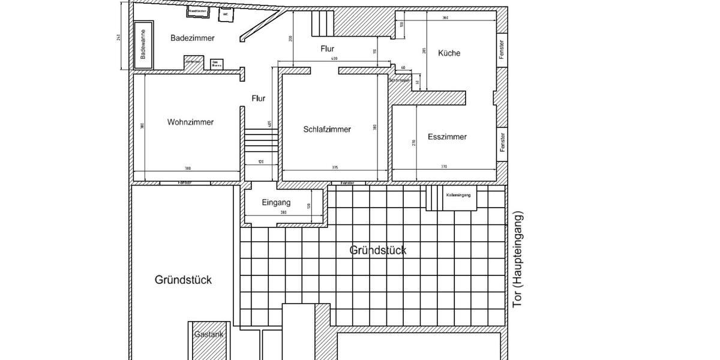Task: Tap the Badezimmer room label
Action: [192, 38]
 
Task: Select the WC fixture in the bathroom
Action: [226, 14]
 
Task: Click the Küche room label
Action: [449, 53]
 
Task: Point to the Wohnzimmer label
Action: [190, 122]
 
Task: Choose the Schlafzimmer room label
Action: [327, 129]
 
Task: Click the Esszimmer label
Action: [447, 137]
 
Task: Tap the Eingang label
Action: [276, 203]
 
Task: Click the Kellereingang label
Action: [458, 195]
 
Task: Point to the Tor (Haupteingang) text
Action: [519, 259]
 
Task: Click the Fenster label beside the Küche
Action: [502, 50]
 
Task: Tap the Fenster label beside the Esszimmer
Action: [502, 142]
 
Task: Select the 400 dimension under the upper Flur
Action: [334, 59]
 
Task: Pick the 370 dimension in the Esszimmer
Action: [444, 167]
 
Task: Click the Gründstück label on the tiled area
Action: [377, 250]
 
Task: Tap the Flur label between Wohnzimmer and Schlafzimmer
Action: [258, 98]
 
